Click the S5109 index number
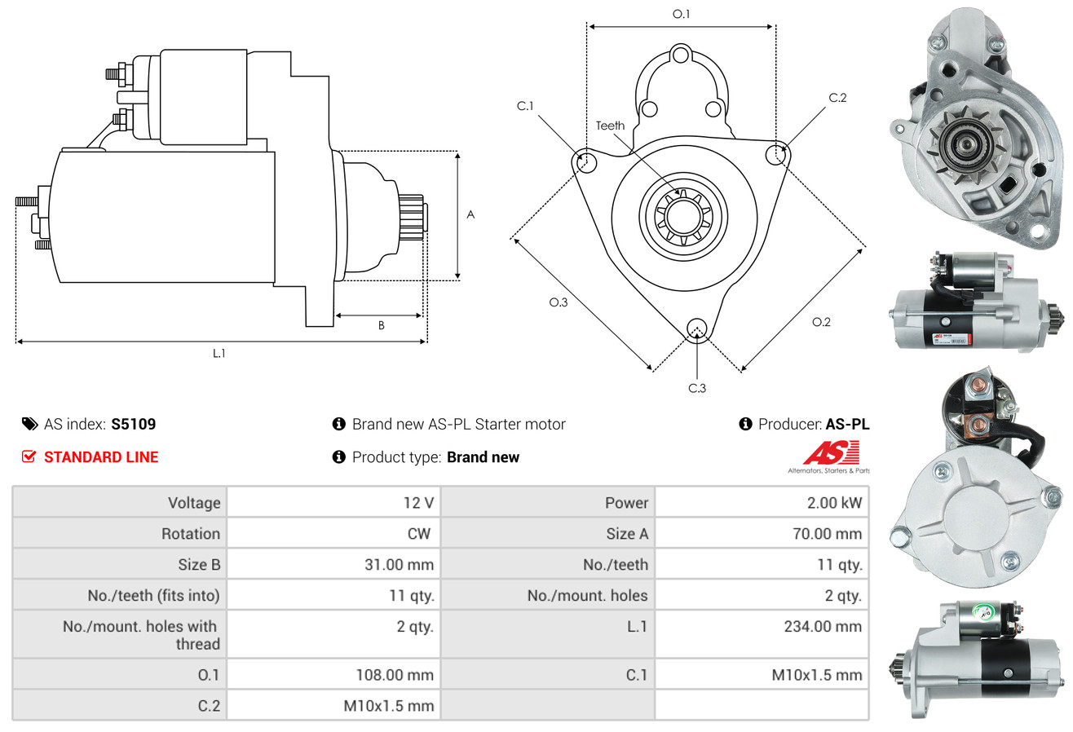134,424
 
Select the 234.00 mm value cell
823,626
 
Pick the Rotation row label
190,533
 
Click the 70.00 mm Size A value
825,533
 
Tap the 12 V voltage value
418,502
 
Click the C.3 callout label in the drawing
696,388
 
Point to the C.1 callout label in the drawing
524,106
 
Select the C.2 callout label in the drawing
837,98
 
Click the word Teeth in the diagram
610,126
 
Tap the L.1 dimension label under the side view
219,353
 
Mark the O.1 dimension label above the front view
681,14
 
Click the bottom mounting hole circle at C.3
696,328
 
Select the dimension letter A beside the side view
470,214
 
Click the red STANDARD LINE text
101,457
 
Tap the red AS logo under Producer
831,452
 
